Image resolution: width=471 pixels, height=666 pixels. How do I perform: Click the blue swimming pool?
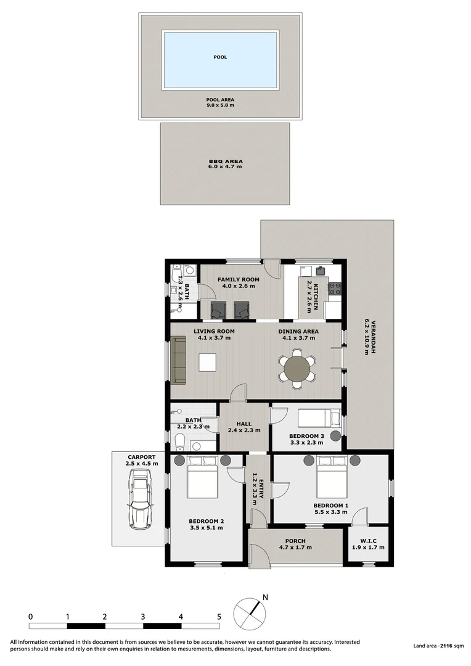pyautogui.click(x=219, y=60)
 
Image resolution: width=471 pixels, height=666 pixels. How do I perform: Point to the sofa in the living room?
pyautogui.click(x=179, y=359)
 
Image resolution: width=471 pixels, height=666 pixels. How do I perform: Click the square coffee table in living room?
pyautogui.click(x=208, y=362)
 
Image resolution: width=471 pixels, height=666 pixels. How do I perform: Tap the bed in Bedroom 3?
pyautogui.click(x=318, y=419)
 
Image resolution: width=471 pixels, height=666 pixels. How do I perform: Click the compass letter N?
pyautogui.click(x=265, y=597)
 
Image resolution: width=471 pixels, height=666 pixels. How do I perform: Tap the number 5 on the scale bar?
pyautogui.click(x=219, y=616)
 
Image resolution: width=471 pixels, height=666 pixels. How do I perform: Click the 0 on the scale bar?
pyautogui.click(x=30, y=616)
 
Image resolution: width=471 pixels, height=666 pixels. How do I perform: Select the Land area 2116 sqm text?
pyautogui.click(x=438, y=646)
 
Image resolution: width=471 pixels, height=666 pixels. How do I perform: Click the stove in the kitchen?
pyautogui.click(x=336, y=287)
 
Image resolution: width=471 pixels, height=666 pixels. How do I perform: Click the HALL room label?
pyautogui.click(x=245, y=424)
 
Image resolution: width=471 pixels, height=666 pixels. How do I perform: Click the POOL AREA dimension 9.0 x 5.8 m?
pyautogui.click(x=220, y=105)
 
